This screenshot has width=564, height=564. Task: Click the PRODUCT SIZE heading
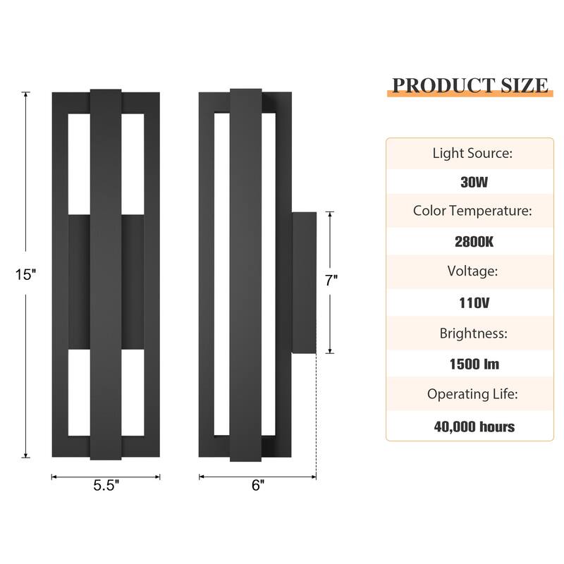(470, 85)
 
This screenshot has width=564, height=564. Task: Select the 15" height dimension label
(25, 275)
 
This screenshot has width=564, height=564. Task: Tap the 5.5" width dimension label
(106, 485)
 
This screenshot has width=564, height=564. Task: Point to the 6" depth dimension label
(257, 485)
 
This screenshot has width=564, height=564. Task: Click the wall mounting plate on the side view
(304, 282)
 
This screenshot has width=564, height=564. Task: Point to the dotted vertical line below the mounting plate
(316, 416)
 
